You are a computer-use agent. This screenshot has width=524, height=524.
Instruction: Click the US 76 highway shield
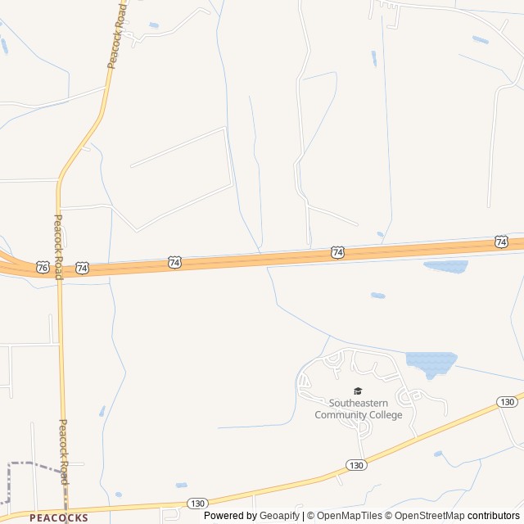(42, 267)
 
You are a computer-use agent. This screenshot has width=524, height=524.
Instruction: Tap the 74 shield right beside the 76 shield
(82, 268)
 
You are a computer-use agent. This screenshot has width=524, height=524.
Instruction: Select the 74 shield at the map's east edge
(501, 242)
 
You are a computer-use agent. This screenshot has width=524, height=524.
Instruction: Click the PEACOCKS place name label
(58, 517)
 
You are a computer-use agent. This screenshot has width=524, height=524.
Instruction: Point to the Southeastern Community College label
(359, 409)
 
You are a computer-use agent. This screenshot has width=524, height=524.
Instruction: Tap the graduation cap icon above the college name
(357, 391)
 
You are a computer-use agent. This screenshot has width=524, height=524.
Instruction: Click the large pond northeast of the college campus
(431, 362)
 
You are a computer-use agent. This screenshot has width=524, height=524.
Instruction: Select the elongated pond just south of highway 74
(445, 266)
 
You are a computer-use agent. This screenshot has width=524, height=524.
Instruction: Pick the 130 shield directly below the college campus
(355, 464)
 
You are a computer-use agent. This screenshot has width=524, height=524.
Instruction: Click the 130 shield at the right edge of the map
(507, 401)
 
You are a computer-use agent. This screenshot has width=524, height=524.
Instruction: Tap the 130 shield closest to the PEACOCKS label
(196, 503)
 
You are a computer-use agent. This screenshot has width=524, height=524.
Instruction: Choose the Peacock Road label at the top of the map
(116, 37)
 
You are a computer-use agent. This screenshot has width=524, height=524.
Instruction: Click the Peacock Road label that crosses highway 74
(58, 246)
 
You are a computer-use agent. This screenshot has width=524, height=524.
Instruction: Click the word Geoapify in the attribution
(280, 516)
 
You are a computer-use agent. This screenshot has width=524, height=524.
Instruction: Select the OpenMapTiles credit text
(350, 516)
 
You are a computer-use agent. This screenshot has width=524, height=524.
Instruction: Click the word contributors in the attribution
(494, 516)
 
